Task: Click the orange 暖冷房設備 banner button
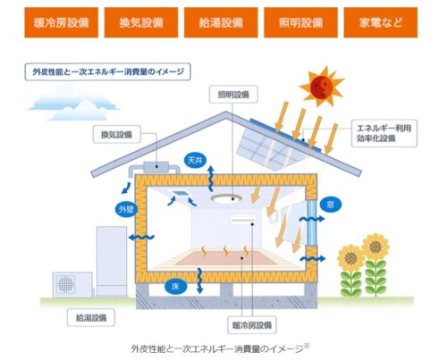coord(62,22)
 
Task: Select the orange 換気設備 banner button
coord(141,22)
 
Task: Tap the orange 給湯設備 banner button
coord(221,22)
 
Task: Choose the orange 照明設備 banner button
coord(300,22)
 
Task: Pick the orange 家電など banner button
coord(381,22)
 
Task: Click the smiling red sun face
coord(321,87)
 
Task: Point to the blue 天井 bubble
coord(195,161)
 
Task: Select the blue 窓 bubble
coord(330,205)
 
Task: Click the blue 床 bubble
coord(175,287)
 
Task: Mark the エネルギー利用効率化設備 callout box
coord(384,133)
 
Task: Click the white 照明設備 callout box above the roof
coord(233,95)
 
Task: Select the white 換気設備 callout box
coord(116,135)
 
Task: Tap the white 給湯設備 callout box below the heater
coord(91,318)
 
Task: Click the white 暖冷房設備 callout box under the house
coord(252,325)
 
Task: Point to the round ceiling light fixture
coord(226,198)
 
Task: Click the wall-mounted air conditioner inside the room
coord(243,219)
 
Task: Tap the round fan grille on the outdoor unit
coord(65,284)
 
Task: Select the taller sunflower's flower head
coord(375,247)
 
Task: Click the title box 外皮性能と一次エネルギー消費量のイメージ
coord(107,71)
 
